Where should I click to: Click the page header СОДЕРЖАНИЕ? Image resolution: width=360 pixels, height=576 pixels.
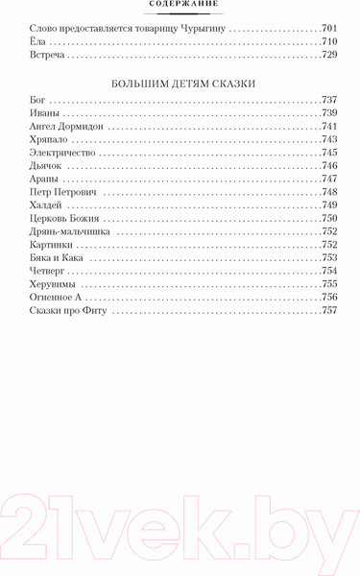180,4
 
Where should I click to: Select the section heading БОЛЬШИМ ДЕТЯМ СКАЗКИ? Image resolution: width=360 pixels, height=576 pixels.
180,84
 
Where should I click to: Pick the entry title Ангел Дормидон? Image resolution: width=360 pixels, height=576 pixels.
67,126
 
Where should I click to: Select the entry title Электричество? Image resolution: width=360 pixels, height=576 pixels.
63,153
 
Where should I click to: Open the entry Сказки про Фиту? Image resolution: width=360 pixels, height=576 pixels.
70,312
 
